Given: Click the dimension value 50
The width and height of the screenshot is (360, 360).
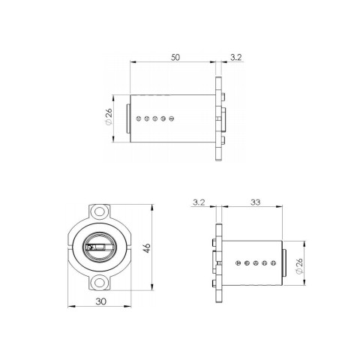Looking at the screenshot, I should pos(176,56).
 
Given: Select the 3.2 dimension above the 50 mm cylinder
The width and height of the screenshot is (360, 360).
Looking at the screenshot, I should pos(235,56).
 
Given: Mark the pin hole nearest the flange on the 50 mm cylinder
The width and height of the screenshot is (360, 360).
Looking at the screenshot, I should pos(172,118).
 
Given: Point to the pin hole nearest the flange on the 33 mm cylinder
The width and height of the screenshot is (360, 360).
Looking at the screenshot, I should pos(238,263).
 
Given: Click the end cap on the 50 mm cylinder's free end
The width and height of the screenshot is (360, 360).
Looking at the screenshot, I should pos(129,118).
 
